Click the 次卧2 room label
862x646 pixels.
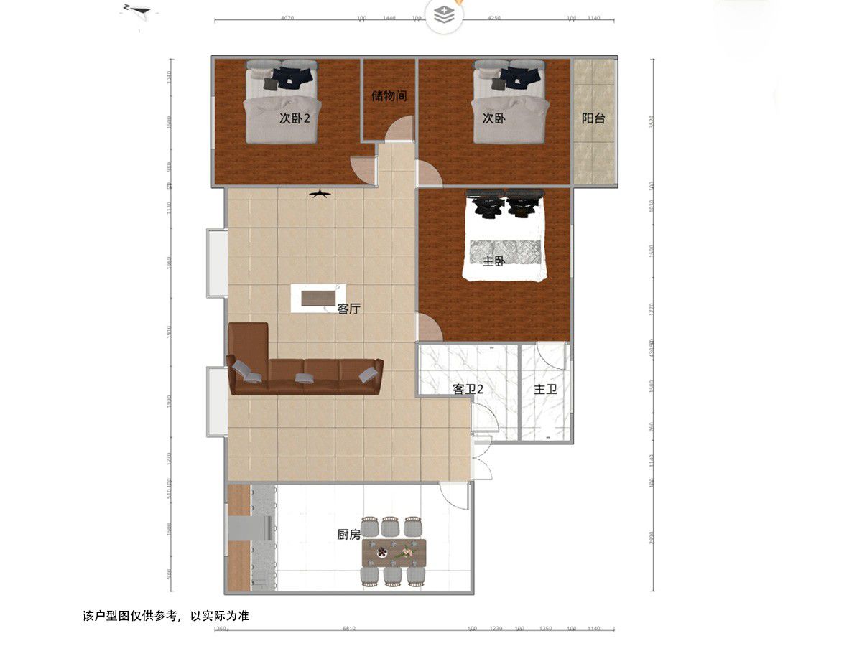pos(295,118)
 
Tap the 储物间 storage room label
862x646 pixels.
pos(389,95)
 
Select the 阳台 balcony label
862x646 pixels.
pos(593,118)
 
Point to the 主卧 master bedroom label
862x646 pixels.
pos(493,261)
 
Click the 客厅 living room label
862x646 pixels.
pos(348,309)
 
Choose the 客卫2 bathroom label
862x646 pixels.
pos(468,389)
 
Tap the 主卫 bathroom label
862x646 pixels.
pos(546,389)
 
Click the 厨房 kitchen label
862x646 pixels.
pos(348,535)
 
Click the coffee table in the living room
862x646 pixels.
pos(318,298)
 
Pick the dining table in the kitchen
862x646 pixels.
pos(394,551)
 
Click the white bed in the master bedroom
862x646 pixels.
pos(504,237)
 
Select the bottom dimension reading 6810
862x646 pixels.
pos(349,629)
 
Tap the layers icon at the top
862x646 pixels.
pos(445,15)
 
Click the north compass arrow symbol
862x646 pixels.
pos(137,11)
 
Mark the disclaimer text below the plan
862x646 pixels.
pos(166,616)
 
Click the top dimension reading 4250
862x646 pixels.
pos(493,18)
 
